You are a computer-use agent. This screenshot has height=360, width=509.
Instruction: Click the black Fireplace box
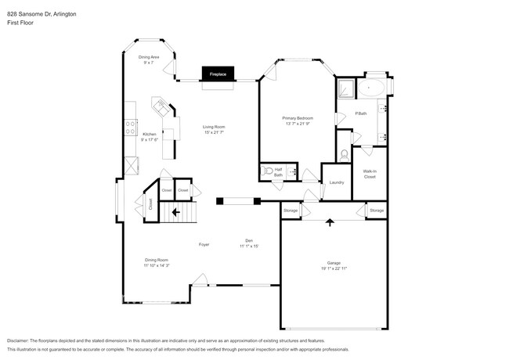[218, 74]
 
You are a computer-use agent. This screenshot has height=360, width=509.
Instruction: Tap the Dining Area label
[150, 57]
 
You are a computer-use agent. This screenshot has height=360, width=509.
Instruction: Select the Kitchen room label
[149, 134]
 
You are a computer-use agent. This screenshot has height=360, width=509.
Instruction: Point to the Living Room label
[214, 127]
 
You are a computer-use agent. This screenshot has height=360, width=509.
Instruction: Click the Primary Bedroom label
[298, 119]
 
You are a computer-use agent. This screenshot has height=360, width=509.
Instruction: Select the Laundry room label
[337, 182]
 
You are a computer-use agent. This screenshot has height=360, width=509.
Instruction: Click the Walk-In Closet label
[370, 174]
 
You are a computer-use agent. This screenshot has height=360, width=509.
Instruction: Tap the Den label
[249, 241]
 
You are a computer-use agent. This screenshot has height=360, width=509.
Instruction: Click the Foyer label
[204, 245]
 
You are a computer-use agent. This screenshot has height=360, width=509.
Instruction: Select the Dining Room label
[156, 260]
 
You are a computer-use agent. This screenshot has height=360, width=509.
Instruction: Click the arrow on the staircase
[176, 211]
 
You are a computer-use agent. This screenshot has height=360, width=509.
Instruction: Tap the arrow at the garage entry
[330, 223]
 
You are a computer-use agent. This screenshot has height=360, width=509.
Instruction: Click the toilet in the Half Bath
[268, 170]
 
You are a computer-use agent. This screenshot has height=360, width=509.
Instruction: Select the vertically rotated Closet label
[150, 204]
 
